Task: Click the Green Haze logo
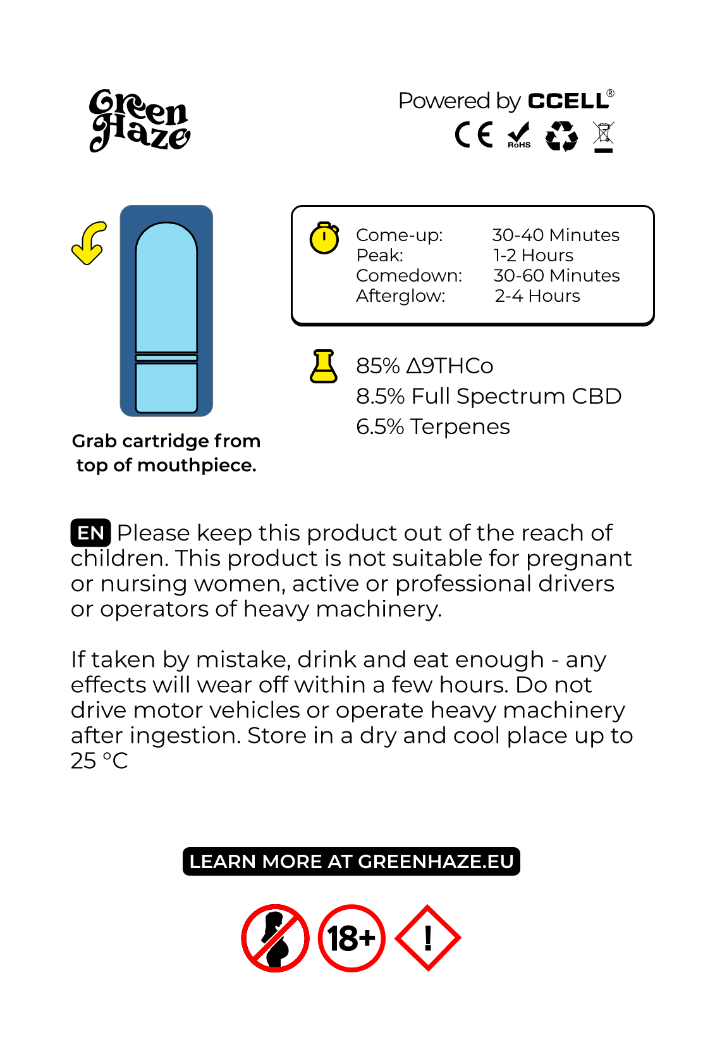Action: pyautogui.click(x=139, y=120)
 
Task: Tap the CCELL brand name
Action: pyautogui.click(x=568, y=101)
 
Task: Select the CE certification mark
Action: pyautogui.click(x=474, y=135)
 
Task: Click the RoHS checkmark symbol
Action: pyautogui.click(x=519, y=135)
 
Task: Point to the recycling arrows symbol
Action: pyautogui.click(x=561, y=136)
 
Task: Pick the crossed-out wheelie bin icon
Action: pyautogui.click(x=604, y=137)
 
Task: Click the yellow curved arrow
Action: pyautogui.click(x=89, y=243)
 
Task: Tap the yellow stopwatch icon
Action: pyautogui.click(x=324, y=238)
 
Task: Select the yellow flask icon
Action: pyautogui.click(x=323, y=366)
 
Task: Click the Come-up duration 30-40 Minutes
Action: pyautogui.click(x=556, y=235)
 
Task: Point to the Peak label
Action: pyautogui.click(x=380, y=256)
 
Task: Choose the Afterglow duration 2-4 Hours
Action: pyautogui.click(x=537, y=296)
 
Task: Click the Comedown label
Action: pyautogui.click(x=409, y=276)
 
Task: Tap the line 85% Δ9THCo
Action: pyautogui.click(x=425, y=366)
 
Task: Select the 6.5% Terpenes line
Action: pyautogui.click(x=433, y=427)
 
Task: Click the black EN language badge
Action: pyautogui.click(x=90, y=533)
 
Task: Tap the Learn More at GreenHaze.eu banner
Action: pyautogui.click(x=351, y=862)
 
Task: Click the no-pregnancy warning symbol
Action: pyautogui.click(x=275, y=938)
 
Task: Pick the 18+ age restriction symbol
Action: pyautogui.click(x=351, y=938)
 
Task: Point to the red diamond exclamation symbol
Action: pyautogui.click(x=428, y=938)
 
